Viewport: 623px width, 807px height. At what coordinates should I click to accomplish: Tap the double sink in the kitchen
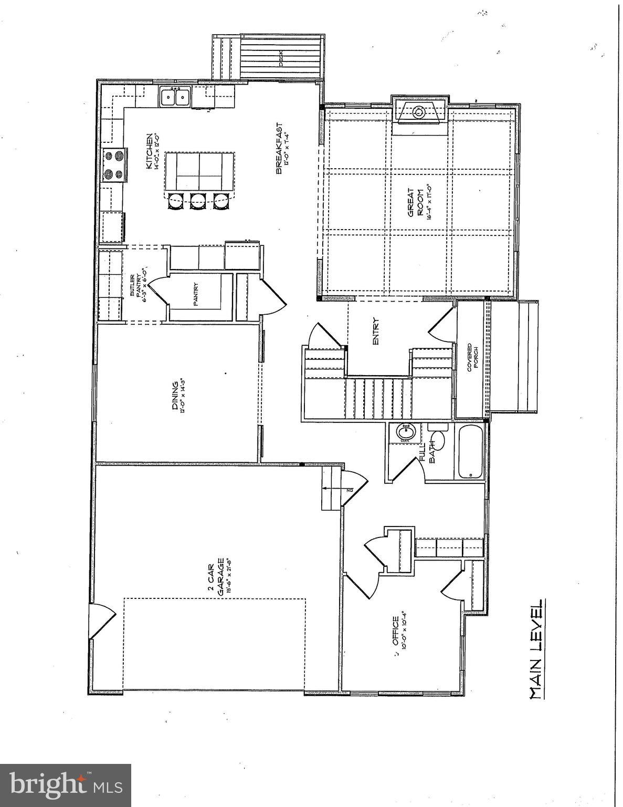click(175, 97)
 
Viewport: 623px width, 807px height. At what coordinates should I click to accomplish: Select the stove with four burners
click(113, 165)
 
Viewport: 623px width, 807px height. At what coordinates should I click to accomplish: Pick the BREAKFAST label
click(282, 149)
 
